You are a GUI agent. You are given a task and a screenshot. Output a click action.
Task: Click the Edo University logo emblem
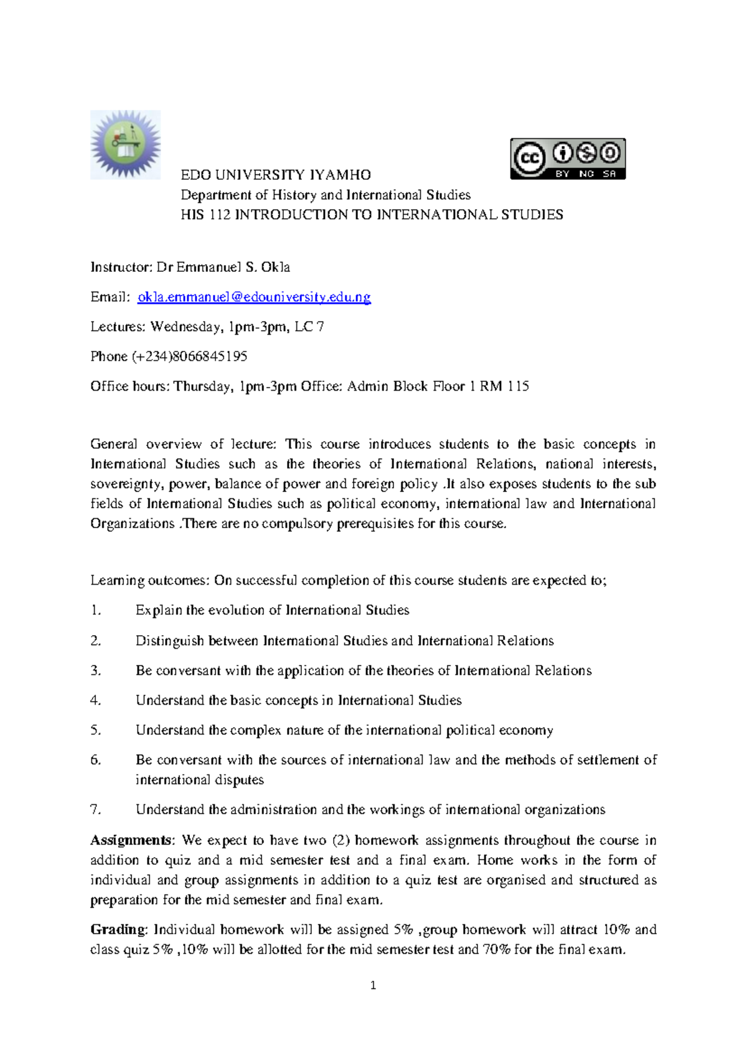[x=125, y=145]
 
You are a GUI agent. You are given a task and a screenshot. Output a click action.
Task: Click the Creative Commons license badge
[x=568, y=159]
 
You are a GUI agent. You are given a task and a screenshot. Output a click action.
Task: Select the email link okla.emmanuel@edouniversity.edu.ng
[x=254, y=297]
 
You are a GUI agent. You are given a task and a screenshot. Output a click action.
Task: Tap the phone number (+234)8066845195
[x=189, y=356]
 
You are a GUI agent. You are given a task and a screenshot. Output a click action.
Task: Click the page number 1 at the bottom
[x=373, y=985]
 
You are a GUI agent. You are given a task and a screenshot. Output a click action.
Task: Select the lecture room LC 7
[x=309, y=327]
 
